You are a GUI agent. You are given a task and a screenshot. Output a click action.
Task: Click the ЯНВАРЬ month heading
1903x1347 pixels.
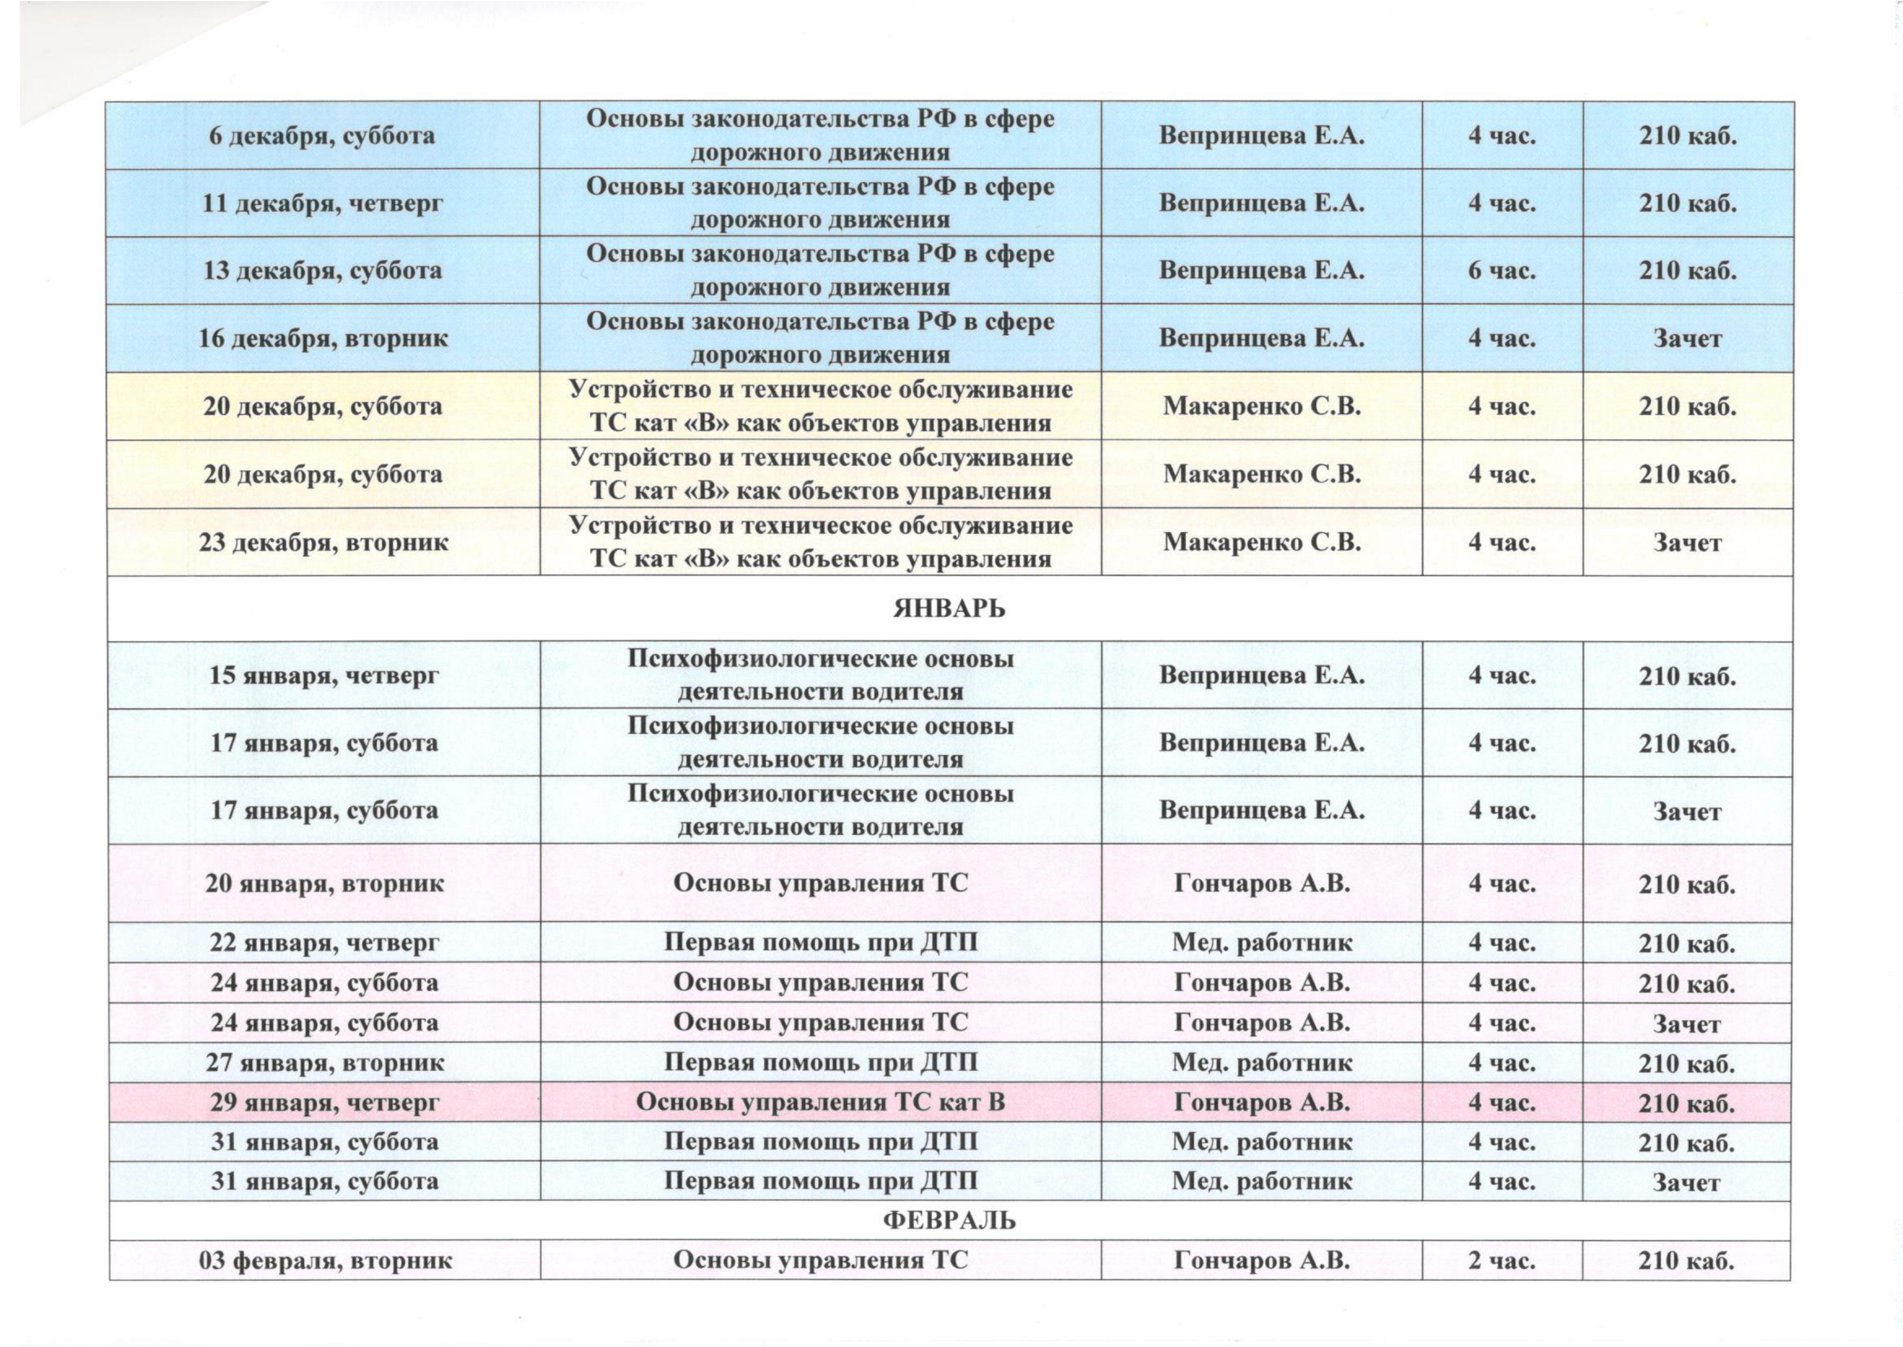tap(949, 609)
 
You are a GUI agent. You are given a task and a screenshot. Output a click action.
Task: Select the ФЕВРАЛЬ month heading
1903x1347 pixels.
tap(949, 1221)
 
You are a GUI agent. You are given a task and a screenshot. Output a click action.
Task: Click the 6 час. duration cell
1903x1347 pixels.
tap(1502, 271)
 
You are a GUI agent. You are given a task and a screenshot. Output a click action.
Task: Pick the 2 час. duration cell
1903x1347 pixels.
tap(1502, 1261)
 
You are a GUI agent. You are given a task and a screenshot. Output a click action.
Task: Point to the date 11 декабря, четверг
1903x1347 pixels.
tap(323, 203)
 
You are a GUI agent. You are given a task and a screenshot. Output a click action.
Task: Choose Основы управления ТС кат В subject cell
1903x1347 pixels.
tap(821, 1102)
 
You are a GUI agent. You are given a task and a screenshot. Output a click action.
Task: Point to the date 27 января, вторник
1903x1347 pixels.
tap(324, 1062)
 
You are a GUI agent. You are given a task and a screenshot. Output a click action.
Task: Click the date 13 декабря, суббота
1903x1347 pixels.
tap(323, 271)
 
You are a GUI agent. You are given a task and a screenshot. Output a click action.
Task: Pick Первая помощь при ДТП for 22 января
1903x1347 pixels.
tap(821, 942)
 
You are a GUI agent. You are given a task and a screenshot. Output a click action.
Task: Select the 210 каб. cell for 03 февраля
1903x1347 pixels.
tap(1687, 1261)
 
